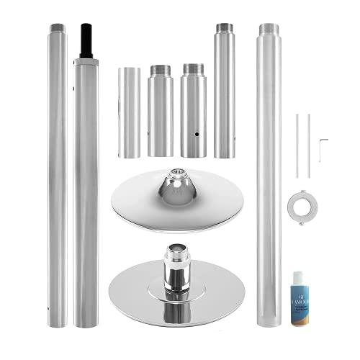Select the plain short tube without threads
click(x=130, y=112)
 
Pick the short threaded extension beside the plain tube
click(x=160, y=112)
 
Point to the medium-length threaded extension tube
click(x=224, y=94)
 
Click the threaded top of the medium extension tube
click(x=224, y=30)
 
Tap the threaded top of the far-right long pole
click(x=269, y=30)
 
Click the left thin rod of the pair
click(x=296, y=144)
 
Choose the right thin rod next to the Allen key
click(x=308, y=144)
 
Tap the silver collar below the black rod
click(x=86, y=63)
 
